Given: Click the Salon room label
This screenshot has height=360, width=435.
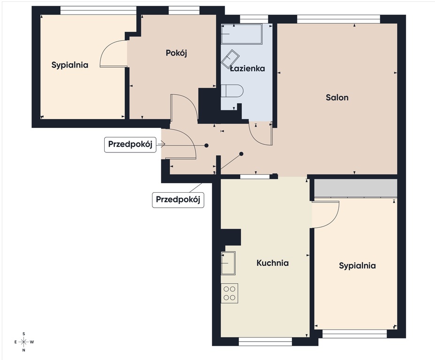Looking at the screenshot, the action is [x=337, y=97].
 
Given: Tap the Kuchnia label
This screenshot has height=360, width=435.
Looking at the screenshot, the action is [x=273, y=262].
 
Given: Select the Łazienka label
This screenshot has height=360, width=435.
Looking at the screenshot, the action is [x=247, y=68].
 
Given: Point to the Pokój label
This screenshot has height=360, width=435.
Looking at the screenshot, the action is [x=176, y=53].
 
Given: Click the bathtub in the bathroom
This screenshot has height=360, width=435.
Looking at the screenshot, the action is [x=242, y=34].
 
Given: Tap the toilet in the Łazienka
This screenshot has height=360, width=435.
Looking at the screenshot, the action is [x=232, y=91].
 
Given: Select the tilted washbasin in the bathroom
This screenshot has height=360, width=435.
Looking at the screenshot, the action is [x=230, y=59].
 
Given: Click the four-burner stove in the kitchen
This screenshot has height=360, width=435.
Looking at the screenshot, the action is [x=229, y=293].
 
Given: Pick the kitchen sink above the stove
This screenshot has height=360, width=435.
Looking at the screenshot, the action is [x=228, y=263].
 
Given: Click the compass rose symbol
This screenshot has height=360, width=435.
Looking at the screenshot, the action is [x=24, y=342].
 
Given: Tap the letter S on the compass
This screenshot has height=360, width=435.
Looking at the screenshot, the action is [x=24, y=334].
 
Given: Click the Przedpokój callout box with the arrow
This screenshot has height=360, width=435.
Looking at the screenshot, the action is [x=130, y=144].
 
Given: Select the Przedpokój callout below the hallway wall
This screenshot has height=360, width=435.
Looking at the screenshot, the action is [x=178, y=200].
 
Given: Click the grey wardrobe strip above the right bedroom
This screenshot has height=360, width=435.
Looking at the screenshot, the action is [x=355, y=188].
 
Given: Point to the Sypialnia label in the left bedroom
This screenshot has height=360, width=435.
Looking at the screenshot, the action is [x=70, y=65].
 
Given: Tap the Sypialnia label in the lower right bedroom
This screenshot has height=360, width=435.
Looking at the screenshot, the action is [x=357, y=266].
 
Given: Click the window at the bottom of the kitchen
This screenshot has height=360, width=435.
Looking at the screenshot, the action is [x=265, y=341].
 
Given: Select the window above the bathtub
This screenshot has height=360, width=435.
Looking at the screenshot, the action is [x=254, y=19].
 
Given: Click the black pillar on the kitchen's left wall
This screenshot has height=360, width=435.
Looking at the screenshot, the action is [x=230, y=237].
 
